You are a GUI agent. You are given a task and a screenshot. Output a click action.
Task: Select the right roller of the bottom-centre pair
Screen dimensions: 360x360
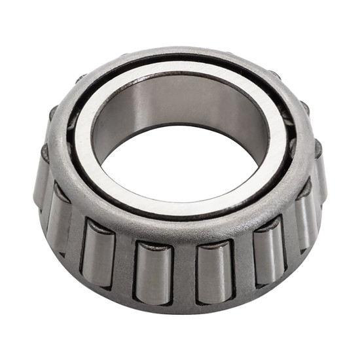click(214, 272)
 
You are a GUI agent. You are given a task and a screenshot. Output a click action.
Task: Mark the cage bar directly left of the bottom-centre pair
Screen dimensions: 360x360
click(126, 265)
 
